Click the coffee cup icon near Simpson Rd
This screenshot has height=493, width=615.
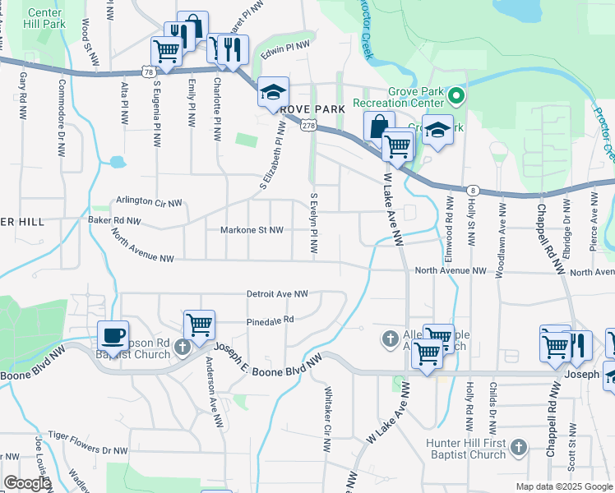tap(113, 335)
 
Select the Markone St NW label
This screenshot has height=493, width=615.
tap(252, 230)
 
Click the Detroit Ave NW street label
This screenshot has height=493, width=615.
tap(277, 293)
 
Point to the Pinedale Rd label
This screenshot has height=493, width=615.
tap(271, 320)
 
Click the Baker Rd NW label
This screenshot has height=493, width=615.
tap(114, 221)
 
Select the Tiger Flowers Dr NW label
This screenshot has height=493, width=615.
tap(87, 450)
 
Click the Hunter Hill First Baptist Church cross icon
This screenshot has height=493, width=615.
tap(517, 448)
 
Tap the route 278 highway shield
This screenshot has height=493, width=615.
tap(308, 125)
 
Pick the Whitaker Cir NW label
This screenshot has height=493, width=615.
tap(327, 420)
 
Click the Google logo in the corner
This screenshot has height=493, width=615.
tap(27, 483)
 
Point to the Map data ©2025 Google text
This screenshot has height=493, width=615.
tap(563, 486)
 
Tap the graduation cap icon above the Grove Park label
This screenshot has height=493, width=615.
tap(273, 92)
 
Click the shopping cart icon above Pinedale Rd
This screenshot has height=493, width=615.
tap(199, 325)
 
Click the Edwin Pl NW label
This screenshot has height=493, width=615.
tap(285, 50)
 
